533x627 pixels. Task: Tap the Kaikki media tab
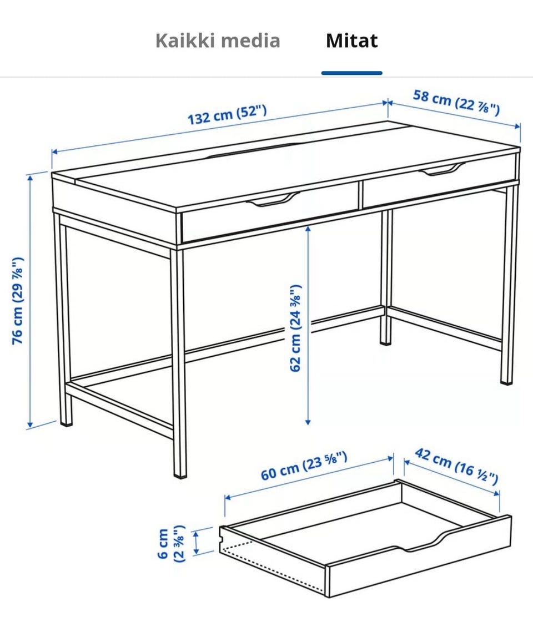click(218, 41)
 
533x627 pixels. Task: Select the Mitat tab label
click(352, 41)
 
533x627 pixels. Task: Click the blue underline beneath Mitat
click(352, 73)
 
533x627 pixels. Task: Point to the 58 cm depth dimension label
click(456, 102)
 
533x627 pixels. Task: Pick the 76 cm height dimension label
click(18, 300)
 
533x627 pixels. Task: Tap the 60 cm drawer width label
click(304, 466)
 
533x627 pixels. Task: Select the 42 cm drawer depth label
click(456, 466)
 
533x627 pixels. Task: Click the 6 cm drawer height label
click(171, 543)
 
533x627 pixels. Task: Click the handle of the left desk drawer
click(273, 200)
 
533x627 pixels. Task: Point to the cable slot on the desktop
click(252, 150)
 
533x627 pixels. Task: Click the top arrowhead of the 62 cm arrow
click(308, 229)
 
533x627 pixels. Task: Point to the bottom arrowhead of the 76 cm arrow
click(29, 425)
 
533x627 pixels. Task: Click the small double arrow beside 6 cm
click(196, 543)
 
